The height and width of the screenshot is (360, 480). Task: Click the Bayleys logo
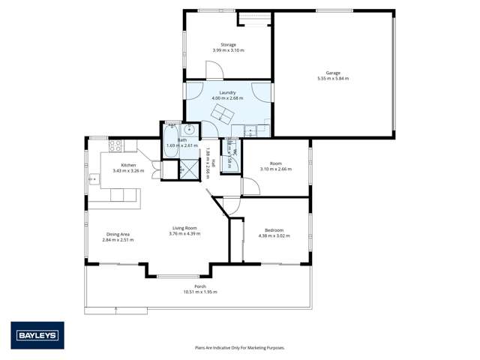click(x=37, y=335)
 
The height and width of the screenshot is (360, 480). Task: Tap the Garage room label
click(x=333, y=73)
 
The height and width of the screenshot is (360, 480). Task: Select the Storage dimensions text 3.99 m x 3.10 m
click(x=228, y=50)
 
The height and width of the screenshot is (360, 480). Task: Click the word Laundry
click(x=228, y=92)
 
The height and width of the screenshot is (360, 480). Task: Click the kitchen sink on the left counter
click(x=94, y=179)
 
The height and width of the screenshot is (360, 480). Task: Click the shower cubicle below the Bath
click(x=181, y=169)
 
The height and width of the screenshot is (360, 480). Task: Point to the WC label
click(x=235, y=152)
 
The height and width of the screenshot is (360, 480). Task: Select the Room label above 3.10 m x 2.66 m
click(x=275, y=163)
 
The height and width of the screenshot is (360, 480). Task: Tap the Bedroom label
click(x=274, y=230)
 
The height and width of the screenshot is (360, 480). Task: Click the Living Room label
click(x=184, y=228)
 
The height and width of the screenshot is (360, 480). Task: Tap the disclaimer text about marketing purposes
click(x=239, y=348)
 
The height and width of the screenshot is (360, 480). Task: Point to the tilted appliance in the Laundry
click(x=222, y=114)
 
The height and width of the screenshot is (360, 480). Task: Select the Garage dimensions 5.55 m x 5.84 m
click(x=333, y=79)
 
